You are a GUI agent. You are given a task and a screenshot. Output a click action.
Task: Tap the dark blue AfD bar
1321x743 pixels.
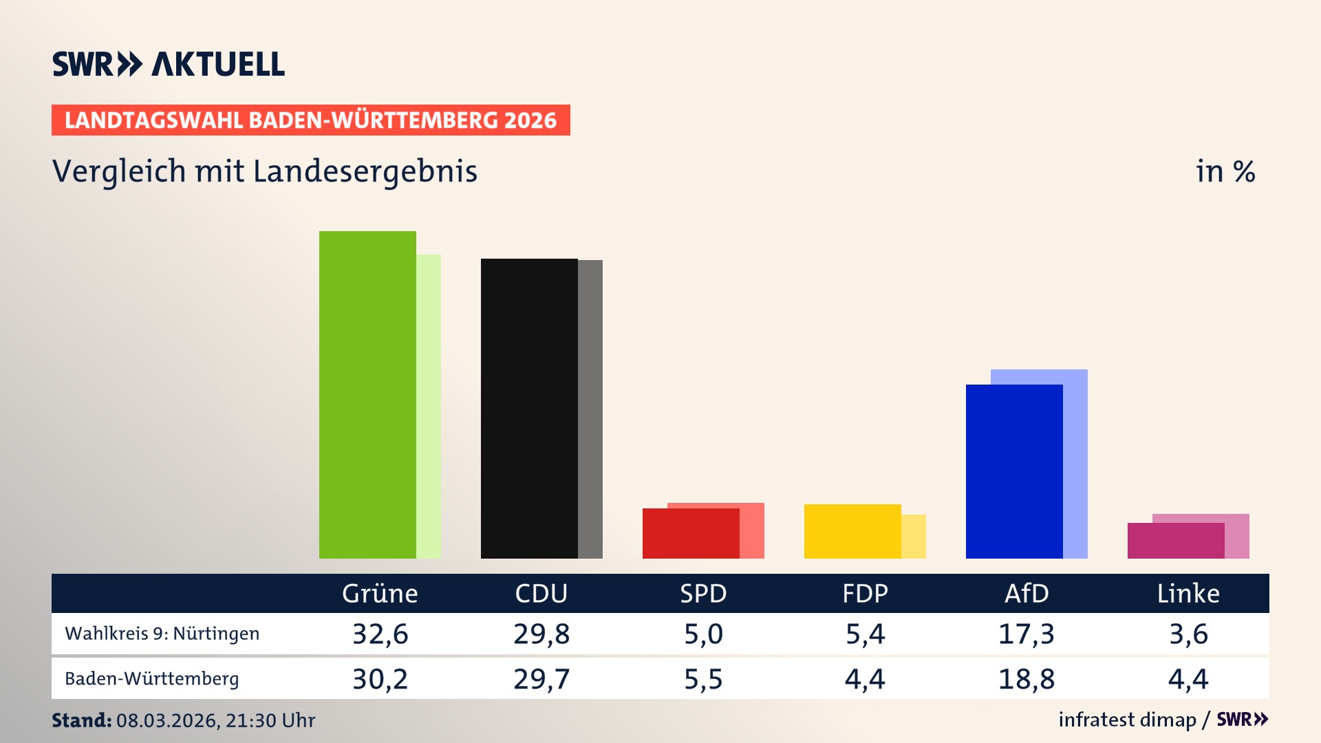pyautogui.click(x=1014, y=471)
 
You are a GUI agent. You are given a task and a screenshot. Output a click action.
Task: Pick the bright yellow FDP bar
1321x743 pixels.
pyautogui.click(x=852, y=531)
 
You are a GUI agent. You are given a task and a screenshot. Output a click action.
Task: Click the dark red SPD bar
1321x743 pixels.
pyautogui.click(x=691, y=533)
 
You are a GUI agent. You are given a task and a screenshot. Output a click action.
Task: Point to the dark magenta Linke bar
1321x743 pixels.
pyautogui.click(x=1176, y=541)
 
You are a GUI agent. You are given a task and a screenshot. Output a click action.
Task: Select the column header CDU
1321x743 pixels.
pyautogui.click(x=541, y=593)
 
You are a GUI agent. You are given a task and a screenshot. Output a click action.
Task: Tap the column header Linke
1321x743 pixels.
pyautogui.click(x=1188, y=593)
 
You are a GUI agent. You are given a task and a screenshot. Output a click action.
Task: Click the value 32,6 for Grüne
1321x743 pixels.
pyautogui.click(x=380, y=634)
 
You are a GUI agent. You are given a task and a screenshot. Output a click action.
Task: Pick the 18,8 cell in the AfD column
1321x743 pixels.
pyautogui.click(x=1026, y=679)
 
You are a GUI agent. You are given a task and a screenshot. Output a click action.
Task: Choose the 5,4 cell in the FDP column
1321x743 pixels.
pyautogui.click(x=865, y=634)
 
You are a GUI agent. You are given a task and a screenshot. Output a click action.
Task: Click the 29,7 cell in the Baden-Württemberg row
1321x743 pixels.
pyautogui.click(x=541, y=679)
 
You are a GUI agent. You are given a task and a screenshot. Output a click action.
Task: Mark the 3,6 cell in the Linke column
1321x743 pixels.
pyautogui.click(x=1188, y=634)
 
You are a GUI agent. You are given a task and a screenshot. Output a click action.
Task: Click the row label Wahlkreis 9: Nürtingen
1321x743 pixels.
pyautogui.click(x=162, y=634)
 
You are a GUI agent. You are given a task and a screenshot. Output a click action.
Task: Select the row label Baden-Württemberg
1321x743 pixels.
pyautogui.click(x=152, y=679)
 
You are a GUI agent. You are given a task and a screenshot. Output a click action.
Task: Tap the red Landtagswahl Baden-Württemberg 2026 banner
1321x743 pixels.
pyautogui.click(x=310, y=120)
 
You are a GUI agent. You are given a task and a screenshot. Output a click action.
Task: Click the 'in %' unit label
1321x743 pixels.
pyautogui.click(x=1225, y=171)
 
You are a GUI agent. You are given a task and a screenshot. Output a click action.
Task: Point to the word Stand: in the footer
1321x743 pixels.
pyautogui.click(x=81, y=720)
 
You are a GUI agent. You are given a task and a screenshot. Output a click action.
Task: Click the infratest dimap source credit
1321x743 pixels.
pyautogui.click(x=1127, y=720)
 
